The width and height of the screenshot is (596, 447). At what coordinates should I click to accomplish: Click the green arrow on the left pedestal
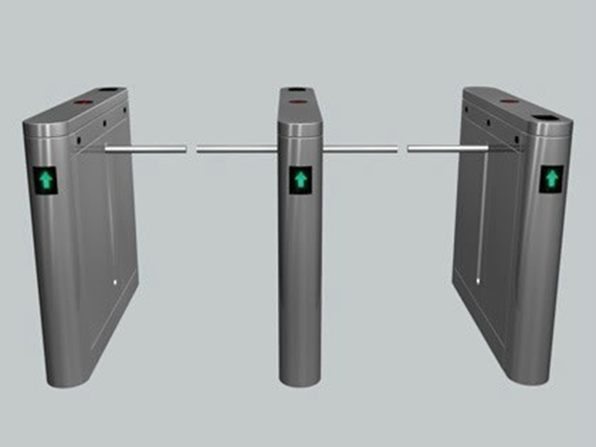(x=46, y=179)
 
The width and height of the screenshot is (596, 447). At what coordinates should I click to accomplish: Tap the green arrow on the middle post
(x=298, y=180)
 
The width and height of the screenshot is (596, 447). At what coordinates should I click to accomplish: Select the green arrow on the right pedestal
(x=549, y=180)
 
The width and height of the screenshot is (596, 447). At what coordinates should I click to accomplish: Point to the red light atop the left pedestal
(x=79, y=101)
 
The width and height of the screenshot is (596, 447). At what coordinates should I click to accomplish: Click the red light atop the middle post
(x=296, y=101)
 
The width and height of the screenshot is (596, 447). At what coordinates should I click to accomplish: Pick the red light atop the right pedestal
(x=510, y=101)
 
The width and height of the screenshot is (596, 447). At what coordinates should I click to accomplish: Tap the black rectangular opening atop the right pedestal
(x=545, y=119)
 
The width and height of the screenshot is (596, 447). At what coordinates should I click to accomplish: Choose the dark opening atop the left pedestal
(x=111, y=90)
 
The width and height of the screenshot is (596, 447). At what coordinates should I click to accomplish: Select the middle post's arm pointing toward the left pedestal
(x=237, y=150)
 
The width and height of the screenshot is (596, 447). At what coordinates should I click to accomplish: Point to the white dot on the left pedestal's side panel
(x=116, y=282)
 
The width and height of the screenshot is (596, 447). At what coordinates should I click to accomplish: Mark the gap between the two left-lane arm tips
(x=192, y=150)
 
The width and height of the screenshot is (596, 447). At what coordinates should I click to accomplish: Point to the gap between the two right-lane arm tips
(x=403, y=150)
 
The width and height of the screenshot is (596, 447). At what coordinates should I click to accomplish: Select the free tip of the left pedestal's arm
(x=185, y=150)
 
